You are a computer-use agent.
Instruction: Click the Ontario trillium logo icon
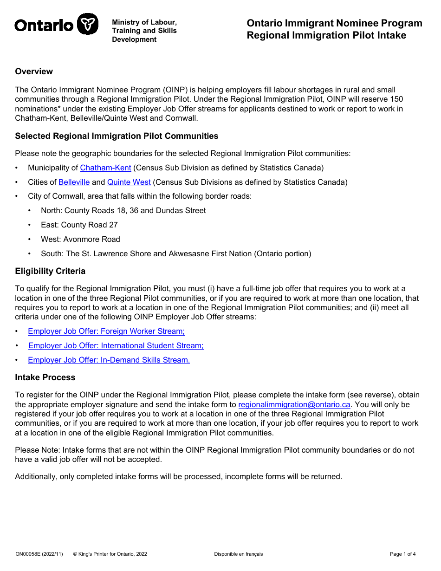pos(87,24)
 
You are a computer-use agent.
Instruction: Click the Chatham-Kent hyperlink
pos(105,168)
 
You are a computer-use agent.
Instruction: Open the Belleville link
pos(74,182)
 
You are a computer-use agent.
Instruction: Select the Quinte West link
pos(129,182)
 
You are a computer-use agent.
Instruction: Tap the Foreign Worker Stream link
pos(106,331)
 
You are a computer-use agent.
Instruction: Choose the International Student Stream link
pos(116,346)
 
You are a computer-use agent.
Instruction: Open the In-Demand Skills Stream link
pos(109,360)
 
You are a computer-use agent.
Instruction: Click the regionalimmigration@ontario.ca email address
pos(294,405)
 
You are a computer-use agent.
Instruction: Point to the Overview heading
pos(34,71)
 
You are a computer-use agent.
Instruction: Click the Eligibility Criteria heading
pos(50,271)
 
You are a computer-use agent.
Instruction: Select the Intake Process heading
pos(45,377)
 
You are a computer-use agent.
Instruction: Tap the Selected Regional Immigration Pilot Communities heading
pos(117,136)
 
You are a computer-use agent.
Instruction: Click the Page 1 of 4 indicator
pos(402,554)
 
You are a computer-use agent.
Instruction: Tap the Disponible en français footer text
pos(238,554)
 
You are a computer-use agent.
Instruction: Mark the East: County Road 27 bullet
pos(79,225)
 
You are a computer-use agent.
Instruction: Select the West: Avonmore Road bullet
pos(80,240)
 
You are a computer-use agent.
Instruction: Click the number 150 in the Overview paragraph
pos(396,99)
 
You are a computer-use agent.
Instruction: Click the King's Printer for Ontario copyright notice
pos(110,554)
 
